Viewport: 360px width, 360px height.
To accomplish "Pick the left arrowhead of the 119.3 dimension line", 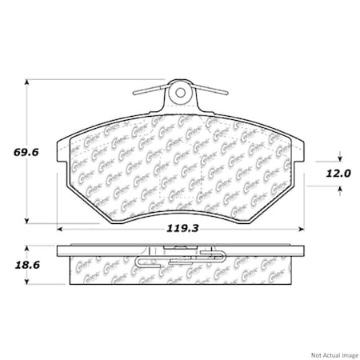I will (61, 229).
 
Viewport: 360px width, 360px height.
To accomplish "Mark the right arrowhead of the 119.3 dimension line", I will (304, 229).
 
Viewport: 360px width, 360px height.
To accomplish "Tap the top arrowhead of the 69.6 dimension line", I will (29, 82).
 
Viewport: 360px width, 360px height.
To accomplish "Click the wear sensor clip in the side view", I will (180, 258).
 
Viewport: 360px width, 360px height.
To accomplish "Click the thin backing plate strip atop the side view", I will (182, 246).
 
